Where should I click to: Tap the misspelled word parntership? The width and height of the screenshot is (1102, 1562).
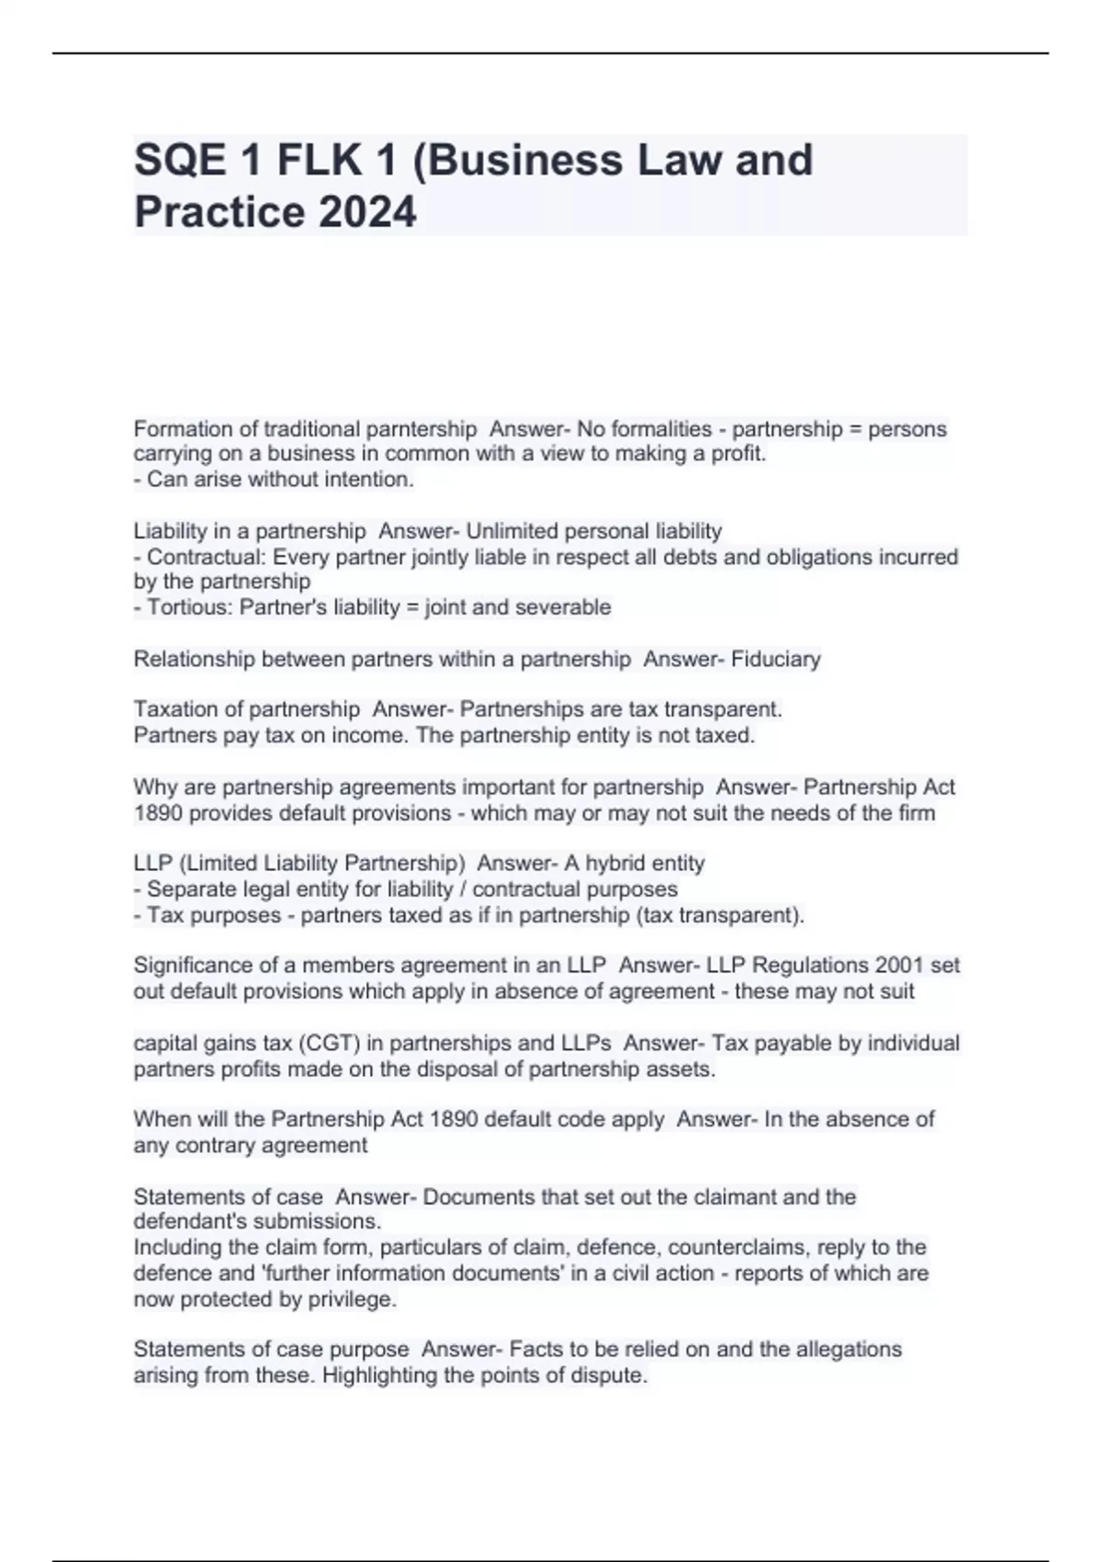[422, 429]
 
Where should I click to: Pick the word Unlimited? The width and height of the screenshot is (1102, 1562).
[511, 531]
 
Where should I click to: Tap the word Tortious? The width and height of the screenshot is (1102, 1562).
[190, 607]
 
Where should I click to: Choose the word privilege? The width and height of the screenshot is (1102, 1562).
[354, 1299]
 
